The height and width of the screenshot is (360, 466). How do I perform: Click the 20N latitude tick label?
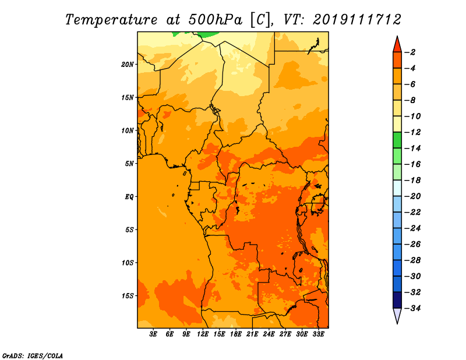click(128, 65)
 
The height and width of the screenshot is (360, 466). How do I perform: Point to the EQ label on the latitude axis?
click(129, 197)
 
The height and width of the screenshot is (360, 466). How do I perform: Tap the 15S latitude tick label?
click(128, 296)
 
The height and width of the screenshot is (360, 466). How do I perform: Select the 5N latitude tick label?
click(129, 164)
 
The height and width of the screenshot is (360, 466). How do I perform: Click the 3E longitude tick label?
click(153, 334)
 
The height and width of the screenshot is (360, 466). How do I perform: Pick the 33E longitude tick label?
click(318, 334)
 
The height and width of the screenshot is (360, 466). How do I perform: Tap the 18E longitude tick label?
click(236, 334)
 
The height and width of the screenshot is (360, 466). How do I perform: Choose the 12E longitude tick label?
click(203, 334)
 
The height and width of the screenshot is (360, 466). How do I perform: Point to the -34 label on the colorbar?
click(412, 308)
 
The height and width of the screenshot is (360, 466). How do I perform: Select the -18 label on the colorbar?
click(412, 181)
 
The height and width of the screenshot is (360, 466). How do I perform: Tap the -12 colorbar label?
click(412, 132)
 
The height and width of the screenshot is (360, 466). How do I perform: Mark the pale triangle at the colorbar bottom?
click(397, 315)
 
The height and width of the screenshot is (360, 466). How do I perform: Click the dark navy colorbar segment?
click(397, 300)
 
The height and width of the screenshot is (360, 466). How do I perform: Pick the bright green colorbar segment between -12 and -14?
click(397, 140)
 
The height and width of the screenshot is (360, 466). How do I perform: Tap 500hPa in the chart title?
click(215, 20)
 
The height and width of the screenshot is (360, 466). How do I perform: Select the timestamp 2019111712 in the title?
click(357, 20)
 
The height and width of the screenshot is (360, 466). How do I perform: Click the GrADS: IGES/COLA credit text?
click(33, 356)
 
